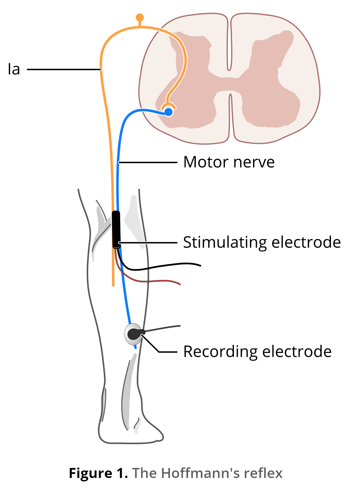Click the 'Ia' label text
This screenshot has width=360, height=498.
pyautogui.click(x=14, y=69)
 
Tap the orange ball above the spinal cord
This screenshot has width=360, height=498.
pyautogui.click(x=140, y=18)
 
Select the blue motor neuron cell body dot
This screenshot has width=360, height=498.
pyautogui.click(x=169, y=112)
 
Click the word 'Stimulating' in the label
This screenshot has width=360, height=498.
pyautogui.click(x=225, y=242)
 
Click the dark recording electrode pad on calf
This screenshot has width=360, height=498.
pyautogui.click(x=134, y=334)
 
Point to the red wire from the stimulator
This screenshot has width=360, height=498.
pyautogui.click(x=150, y=281)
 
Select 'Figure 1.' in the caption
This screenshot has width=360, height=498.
pyautogui.click(x=98, y=473)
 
